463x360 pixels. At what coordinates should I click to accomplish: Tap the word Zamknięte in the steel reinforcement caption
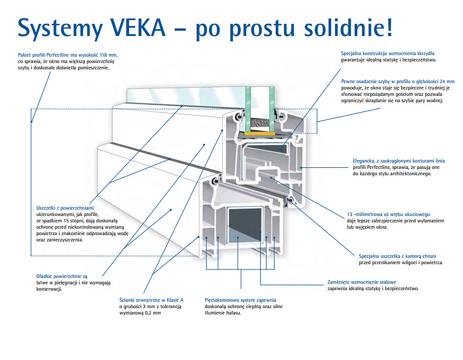pos(341,282)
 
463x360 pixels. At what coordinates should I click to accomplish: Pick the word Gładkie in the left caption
pos(46,276)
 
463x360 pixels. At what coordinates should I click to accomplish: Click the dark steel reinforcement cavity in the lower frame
pos(244,222)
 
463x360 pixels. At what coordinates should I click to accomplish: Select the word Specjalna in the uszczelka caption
pos(371,255)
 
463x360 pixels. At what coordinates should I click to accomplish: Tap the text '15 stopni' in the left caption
pos(74,220)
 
